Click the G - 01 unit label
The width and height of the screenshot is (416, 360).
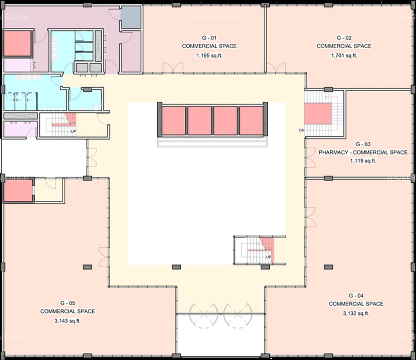pos(209,38)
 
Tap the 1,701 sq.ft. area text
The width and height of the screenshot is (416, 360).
pos(344,56)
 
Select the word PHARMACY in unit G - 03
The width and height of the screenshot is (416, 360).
pos(333,152)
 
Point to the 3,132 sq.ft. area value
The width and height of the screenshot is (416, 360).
pos(356,313)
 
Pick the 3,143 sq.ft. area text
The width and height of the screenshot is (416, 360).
pos(68,321)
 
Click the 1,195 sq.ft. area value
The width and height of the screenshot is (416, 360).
pos(209,56)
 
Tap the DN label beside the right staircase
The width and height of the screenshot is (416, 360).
pos(301,130)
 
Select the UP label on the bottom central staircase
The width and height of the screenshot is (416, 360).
pos(269,256)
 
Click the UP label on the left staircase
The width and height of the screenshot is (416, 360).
pos(73,131)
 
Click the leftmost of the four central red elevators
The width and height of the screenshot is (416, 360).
pos(174,120)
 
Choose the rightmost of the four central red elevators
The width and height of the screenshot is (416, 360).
pos(251,120)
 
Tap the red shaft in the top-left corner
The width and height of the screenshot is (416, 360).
pos(17,44)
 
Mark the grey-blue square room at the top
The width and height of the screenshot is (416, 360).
pos(131,17)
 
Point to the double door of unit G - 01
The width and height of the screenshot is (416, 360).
pos(173,68)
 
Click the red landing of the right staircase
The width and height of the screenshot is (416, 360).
pos(318,114)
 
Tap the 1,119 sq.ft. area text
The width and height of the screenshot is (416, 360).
pos(363,161)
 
